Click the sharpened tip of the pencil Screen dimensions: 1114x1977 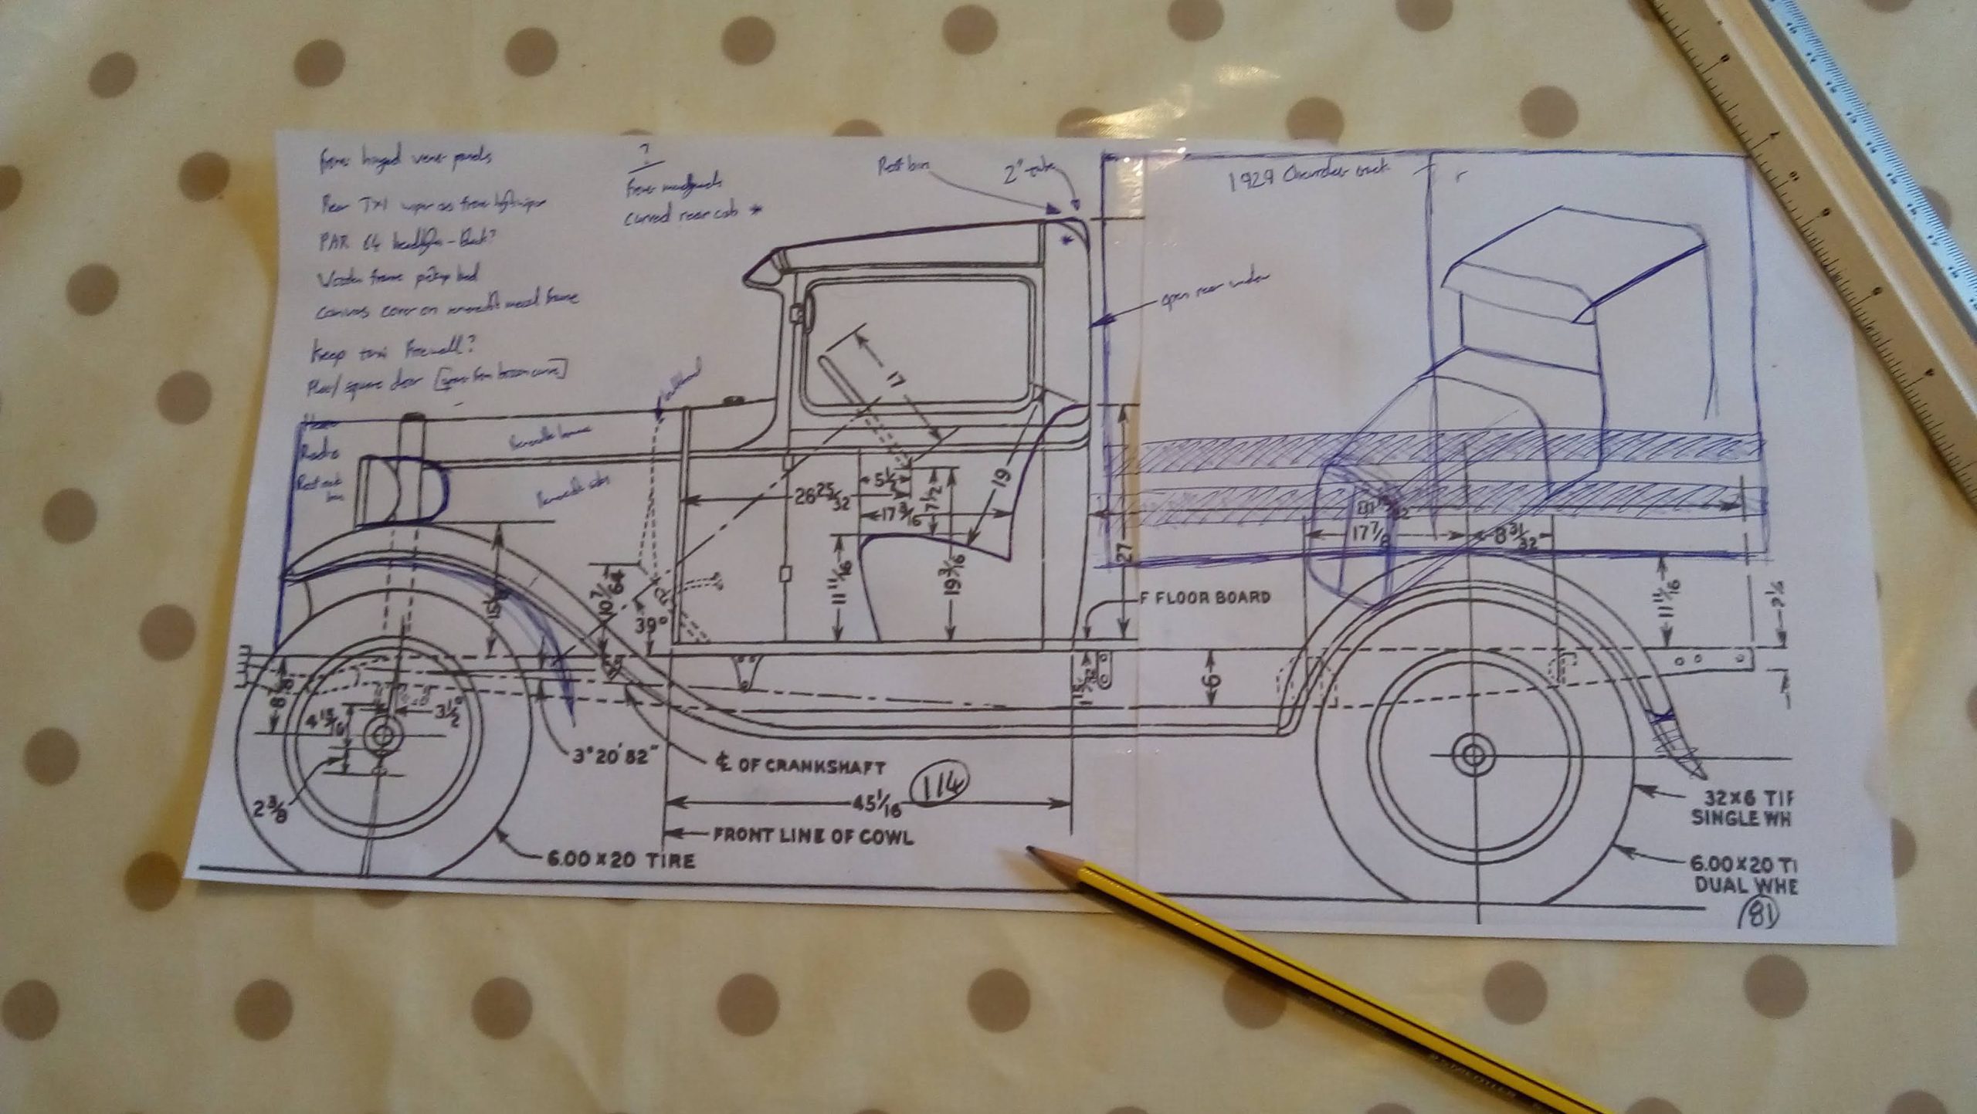point(1032,852)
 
